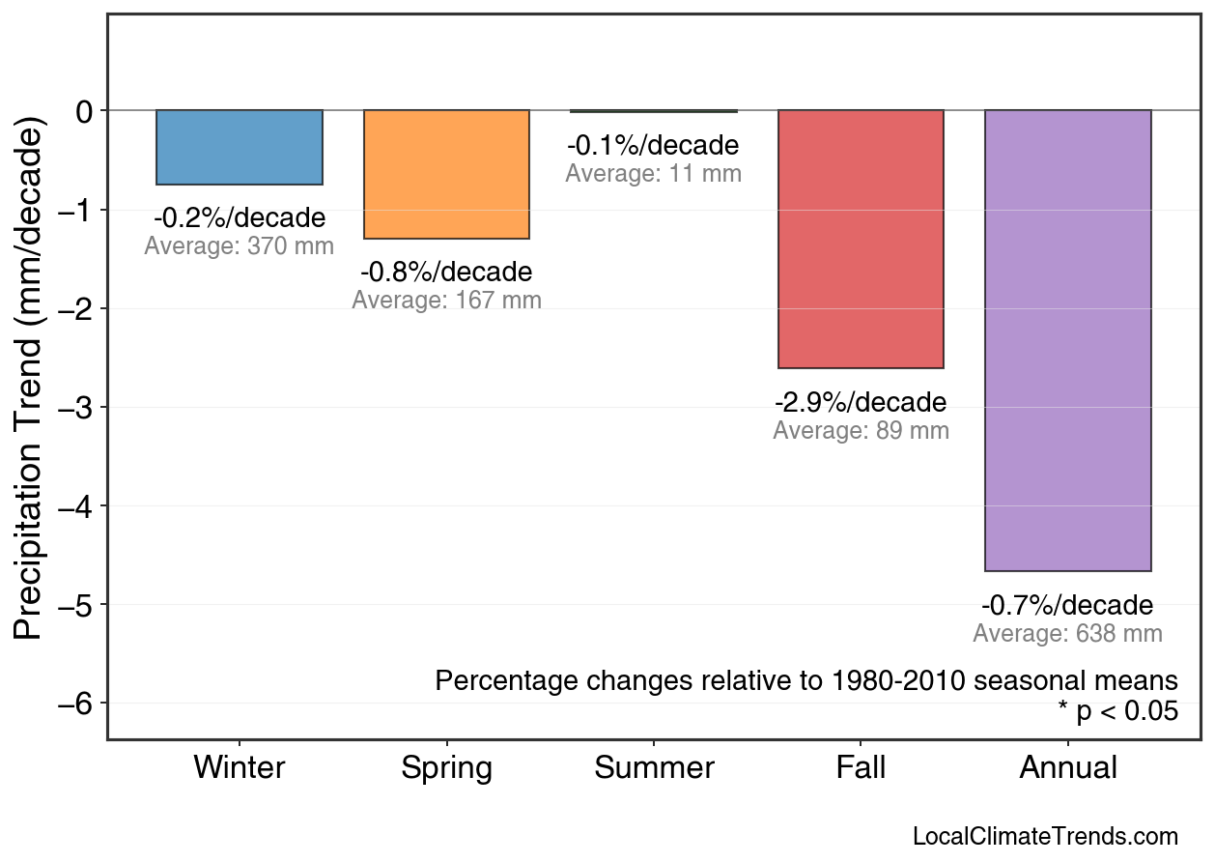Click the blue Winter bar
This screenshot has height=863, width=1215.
click(x=240, y=147)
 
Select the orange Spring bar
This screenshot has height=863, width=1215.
click(x=446, y=174)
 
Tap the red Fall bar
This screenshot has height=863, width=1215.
click(x=861, y=239)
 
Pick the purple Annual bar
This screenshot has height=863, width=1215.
click(x=1067, y=340)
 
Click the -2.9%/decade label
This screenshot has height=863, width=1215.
click(x=861, y=402)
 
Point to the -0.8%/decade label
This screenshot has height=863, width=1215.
click(x=446, y=273)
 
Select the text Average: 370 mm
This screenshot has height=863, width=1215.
click(x=240, y=246)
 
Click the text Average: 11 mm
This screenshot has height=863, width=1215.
click(x=654, y=174)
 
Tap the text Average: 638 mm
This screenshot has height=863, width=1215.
click(x=1067, y=634)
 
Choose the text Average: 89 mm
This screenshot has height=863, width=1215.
click(x=861, y=431)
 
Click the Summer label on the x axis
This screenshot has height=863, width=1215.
click(x=654, y=768)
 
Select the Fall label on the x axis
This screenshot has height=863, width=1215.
click(x=861, y=768)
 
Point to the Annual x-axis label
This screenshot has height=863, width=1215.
click(x=1067, y=768)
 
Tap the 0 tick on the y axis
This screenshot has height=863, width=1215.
click(x=85, y=111)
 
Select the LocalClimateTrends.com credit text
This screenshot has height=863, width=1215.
click(x=1045, y=837)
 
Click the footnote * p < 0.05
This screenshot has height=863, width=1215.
click(x=1117, y=712)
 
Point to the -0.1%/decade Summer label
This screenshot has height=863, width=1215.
click(x=654, y=146)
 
